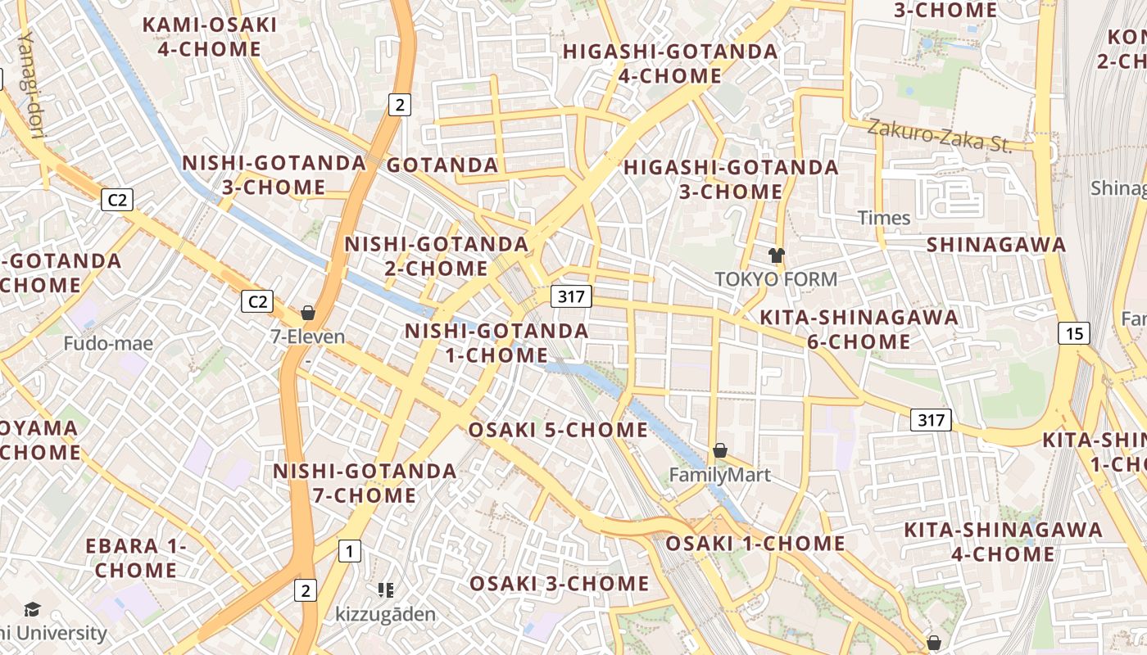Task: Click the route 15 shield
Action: pyautogui.click(x=1074, y=333)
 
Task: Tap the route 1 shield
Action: pyautogui.click(x=350, y=551)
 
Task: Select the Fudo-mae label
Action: pyautogui.click(x=108, y=343)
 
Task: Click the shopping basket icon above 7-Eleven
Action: pyautogui.click(x=308, y=313)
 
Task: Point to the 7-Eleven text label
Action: pyautogui.click(x=308, y=337)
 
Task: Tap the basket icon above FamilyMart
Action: pyautogui.click(x=720, y=450)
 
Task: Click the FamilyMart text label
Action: pyautogui.click(x=720, y=475)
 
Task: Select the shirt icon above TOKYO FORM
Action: pyautogui.click(x=777, y=255)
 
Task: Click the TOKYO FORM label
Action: pyautogui.click(x=776, y=279)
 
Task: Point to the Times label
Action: pyautogui.click(x=884, y=218)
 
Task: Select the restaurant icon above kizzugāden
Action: pyautogui.click(x=386, y=589)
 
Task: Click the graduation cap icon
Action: pyautogui.click(x=32, y=609)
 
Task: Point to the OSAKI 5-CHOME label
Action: pyautogui.click(x=558, y=431)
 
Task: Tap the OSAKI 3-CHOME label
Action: pyautogui.click(x=559, y=584)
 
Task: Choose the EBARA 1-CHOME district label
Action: pyautogui.click(x=136, y=558)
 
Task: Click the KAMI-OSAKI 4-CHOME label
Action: pyautogui.click(x=210, y=37)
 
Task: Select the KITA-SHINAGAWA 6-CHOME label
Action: pyautogui.click(x=859, y=329)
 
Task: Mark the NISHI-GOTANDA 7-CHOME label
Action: pyautogui.click(x=365, y=483)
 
